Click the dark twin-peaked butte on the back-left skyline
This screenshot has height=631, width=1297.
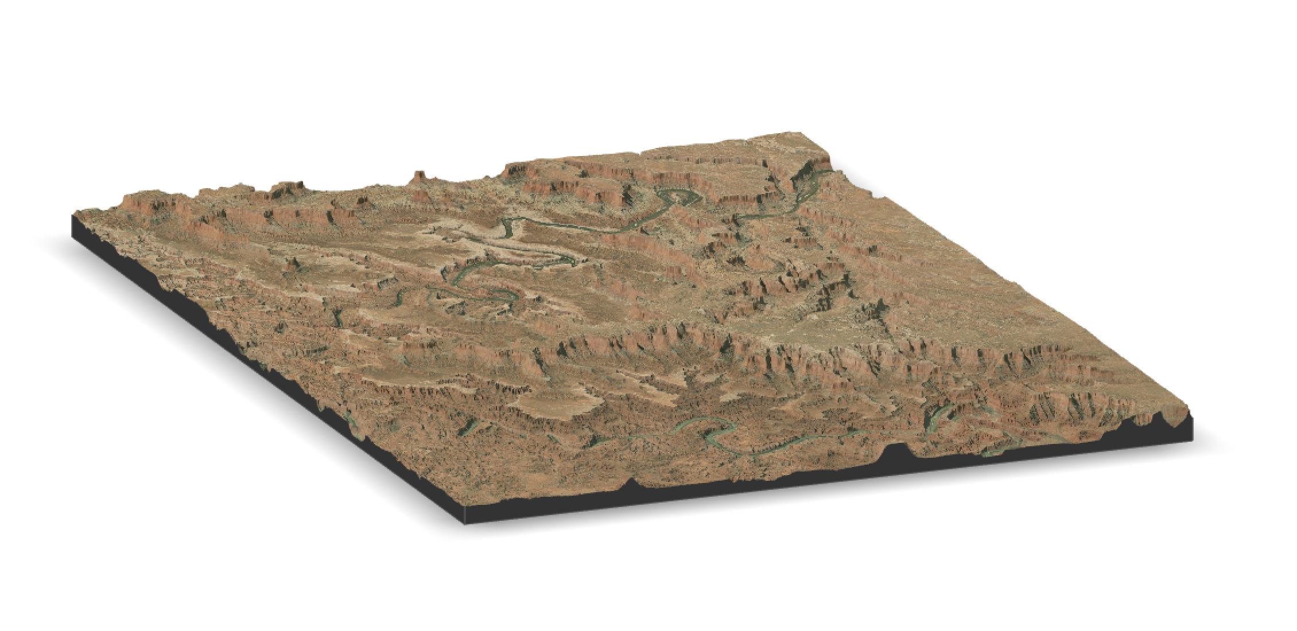(x=287, y=188)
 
